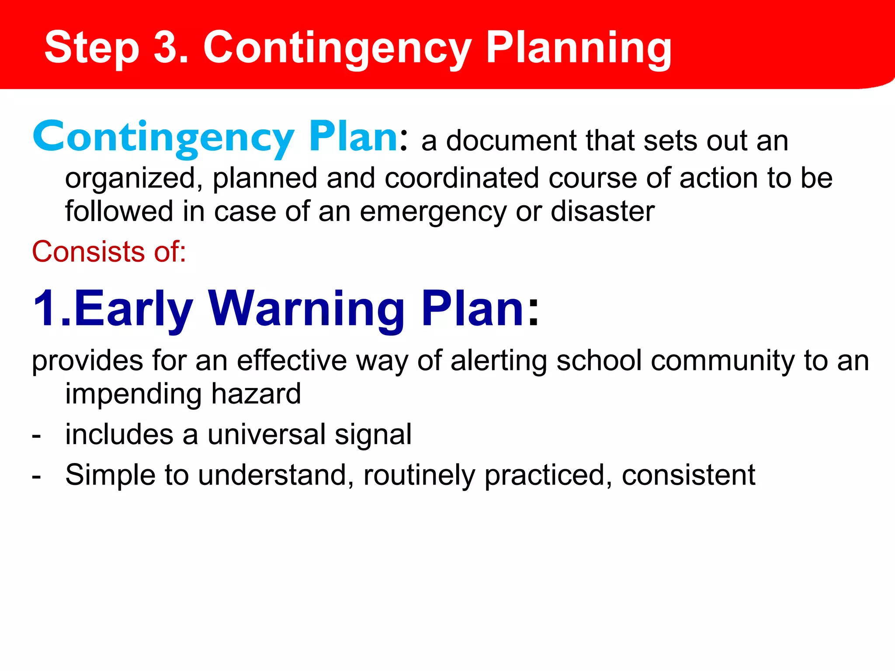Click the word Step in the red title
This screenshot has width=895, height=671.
click(x=92, y=48)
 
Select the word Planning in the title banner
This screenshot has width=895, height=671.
click(x=579, y=48)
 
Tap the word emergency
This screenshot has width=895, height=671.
click(x=432, y=212)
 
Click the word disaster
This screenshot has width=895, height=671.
click(x=603, y=211)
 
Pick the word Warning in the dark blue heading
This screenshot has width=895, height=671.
click(x=306, y=309)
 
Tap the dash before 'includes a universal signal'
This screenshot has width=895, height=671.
click(x=37, y=436)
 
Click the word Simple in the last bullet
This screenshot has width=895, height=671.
click(x=110, y=475)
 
